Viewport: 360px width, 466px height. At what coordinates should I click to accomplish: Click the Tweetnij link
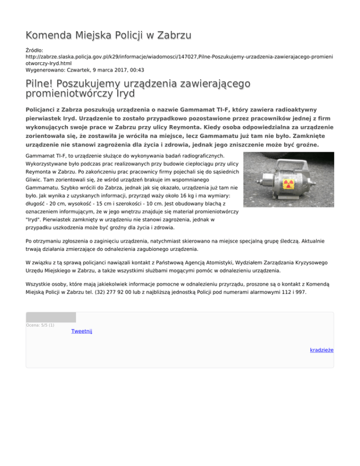(x=82, y=331)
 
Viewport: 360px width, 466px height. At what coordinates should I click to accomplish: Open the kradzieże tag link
(x=322, y=350)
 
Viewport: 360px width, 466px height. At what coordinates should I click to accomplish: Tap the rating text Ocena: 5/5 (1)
(x=40, y=325)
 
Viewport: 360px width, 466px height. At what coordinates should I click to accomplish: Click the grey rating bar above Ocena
(x=51, y=317)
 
